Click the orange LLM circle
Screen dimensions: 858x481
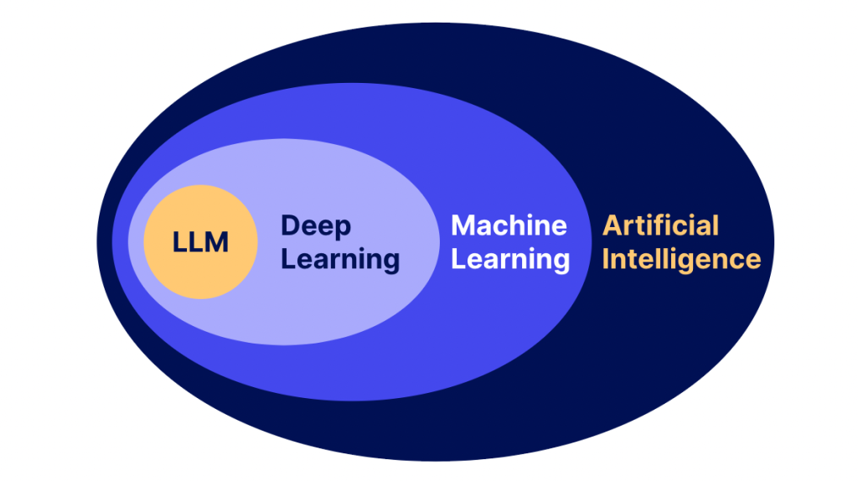pos(200,242)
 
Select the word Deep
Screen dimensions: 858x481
pos(316,226)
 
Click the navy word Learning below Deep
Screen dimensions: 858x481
pos(340,260)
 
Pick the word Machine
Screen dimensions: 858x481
pos(509,225)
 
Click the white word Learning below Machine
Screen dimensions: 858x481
pos(510,260)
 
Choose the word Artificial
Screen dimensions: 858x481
pos(660,225)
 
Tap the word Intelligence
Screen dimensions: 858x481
pos(682,260)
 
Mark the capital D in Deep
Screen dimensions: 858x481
pos(290,225)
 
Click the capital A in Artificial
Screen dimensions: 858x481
pos(612,226)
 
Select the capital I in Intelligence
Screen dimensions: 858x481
pos(605,260)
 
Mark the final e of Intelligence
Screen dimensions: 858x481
pos(753,262)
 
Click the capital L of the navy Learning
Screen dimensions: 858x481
pos(288,260)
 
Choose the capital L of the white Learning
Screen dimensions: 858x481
pos(458,260)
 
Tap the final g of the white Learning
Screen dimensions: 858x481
pos(562,264)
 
